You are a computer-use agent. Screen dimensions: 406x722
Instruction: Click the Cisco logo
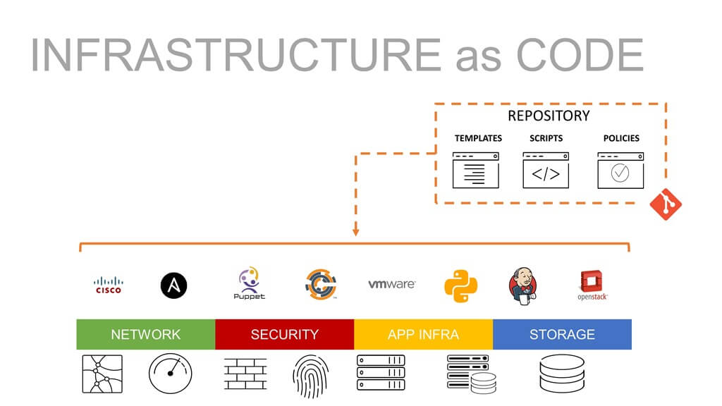[x=109, y=285]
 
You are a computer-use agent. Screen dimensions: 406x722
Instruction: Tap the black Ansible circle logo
[x=173, y=285]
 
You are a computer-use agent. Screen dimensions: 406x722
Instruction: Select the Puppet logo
[x=249, y=283]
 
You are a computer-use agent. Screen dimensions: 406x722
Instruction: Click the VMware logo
[x=391, y=284]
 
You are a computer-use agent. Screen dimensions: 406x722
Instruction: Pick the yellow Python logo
[x=460, y=285]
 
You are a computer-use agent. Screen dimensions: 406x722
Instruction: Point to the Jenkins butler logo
[x=522, y=285]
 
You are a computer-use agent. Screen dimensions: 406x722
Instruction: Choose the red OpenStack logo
[x=592, y=285]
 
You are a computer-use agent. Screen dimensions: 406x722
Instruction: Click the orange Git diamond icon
[x=665, y=204]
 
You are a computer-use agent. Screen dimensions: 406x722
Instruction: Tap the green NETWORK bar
[x=146, y=334]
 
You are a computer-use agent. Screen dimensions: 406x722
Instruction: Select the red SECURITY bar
[x=284, y=334]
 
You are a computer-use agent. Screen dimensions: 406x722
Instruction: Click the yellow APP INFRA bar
[x=423, y=334]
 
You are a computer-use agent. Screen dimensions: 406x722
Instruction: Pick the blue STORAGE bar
[x=562, y=334]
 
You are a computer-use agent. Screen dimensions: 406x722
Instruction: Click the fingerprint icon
[x=310, y=374]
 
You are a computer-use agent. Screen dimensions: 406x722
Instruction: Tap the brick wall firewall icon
[x=245, y=374]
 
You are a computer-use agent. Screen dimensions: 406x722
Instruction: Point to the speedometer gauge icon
[x=170, y=374]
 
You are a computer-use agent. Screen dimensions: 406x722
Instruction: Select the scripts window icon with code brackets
[x=546, y=171]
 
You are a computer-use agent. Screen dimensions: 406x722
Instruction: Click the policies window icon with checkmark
[x=620, y=171]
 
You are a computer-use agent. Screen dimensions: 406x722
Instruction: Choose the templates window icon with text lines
[x=476, y=171]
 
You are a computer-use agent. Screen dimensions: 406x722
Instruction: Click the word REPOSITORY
[x=549, y=116]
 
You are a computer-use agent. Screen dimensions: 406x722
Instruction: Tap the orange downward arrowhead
[x=356, y=230]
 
